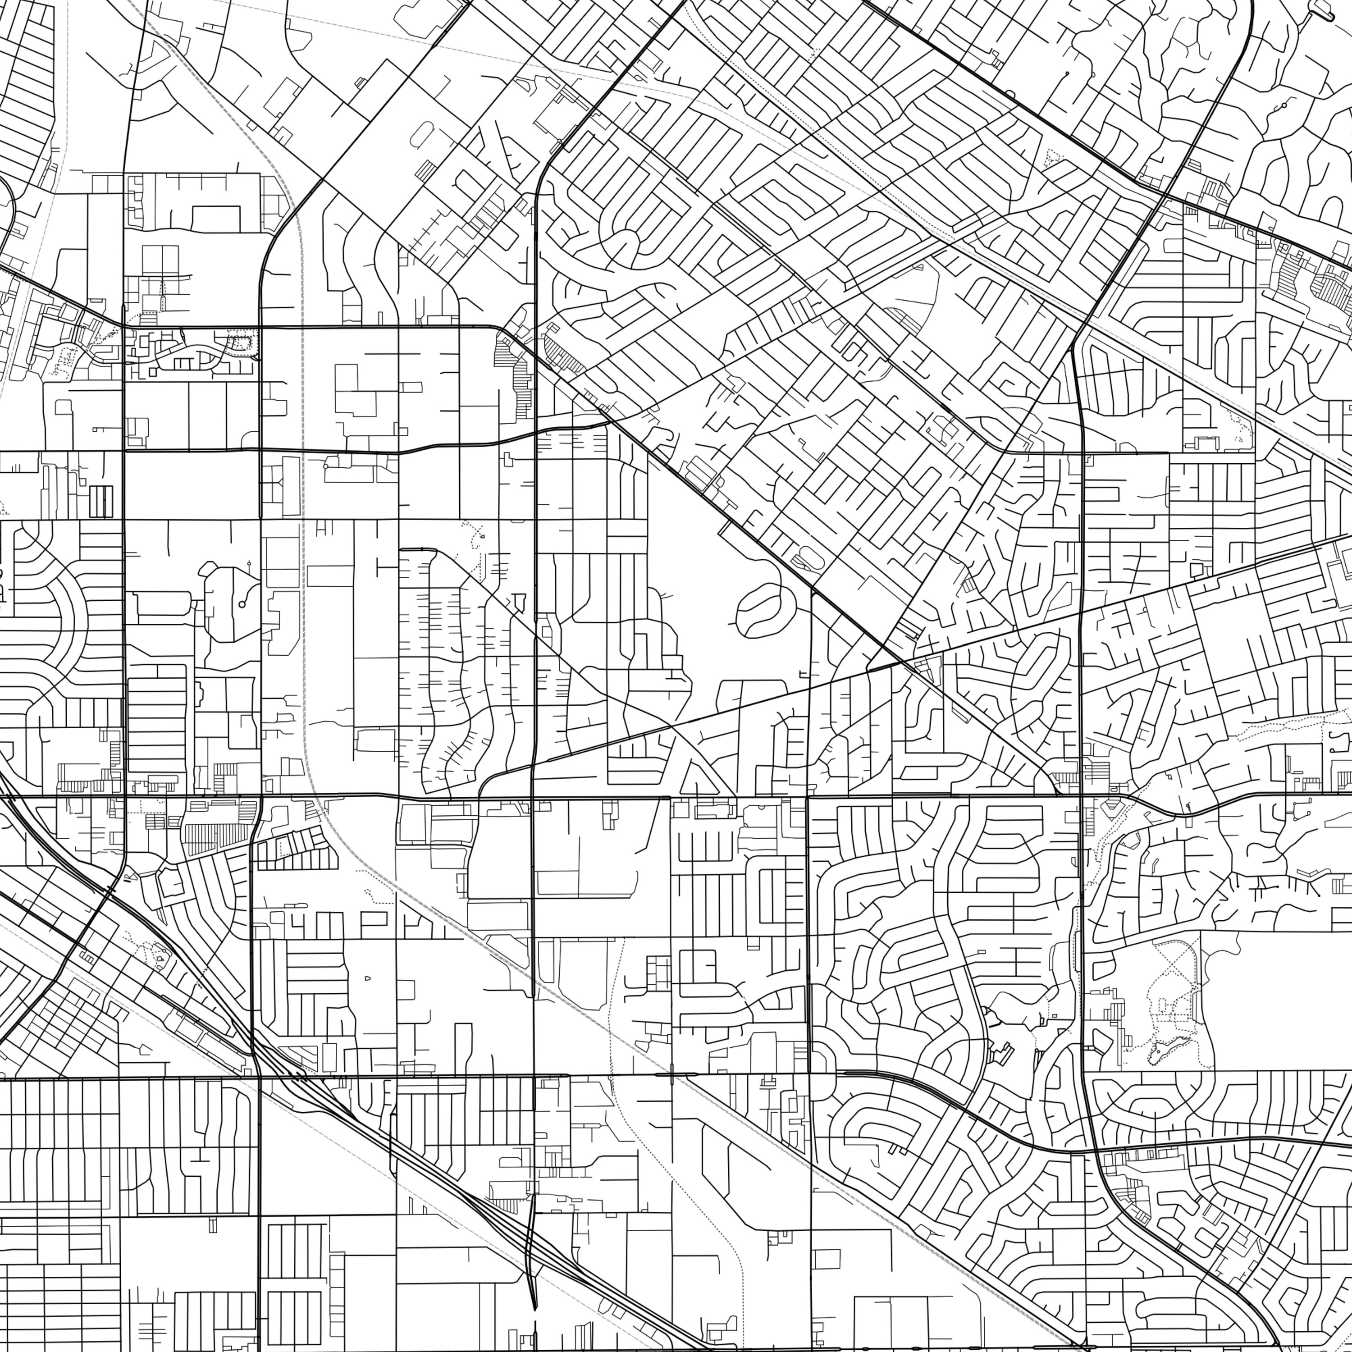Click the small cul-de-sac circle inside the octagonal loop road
(x=242, y=603)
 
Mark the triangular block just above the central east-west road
(x=694, y=778)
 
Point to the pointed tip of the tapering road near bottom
(x=534, y=1306)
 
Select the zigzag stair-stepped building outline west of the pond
(x=1002, y=1052)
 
